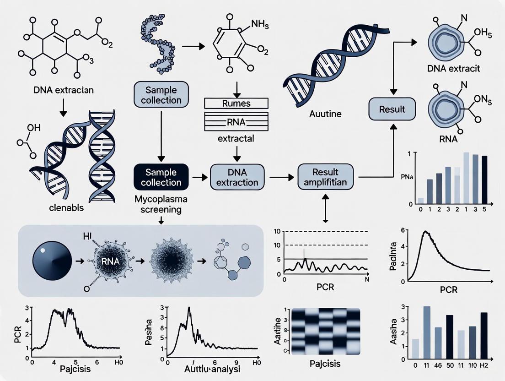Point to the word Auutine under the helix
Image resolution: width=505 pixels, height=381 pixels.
325,113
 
